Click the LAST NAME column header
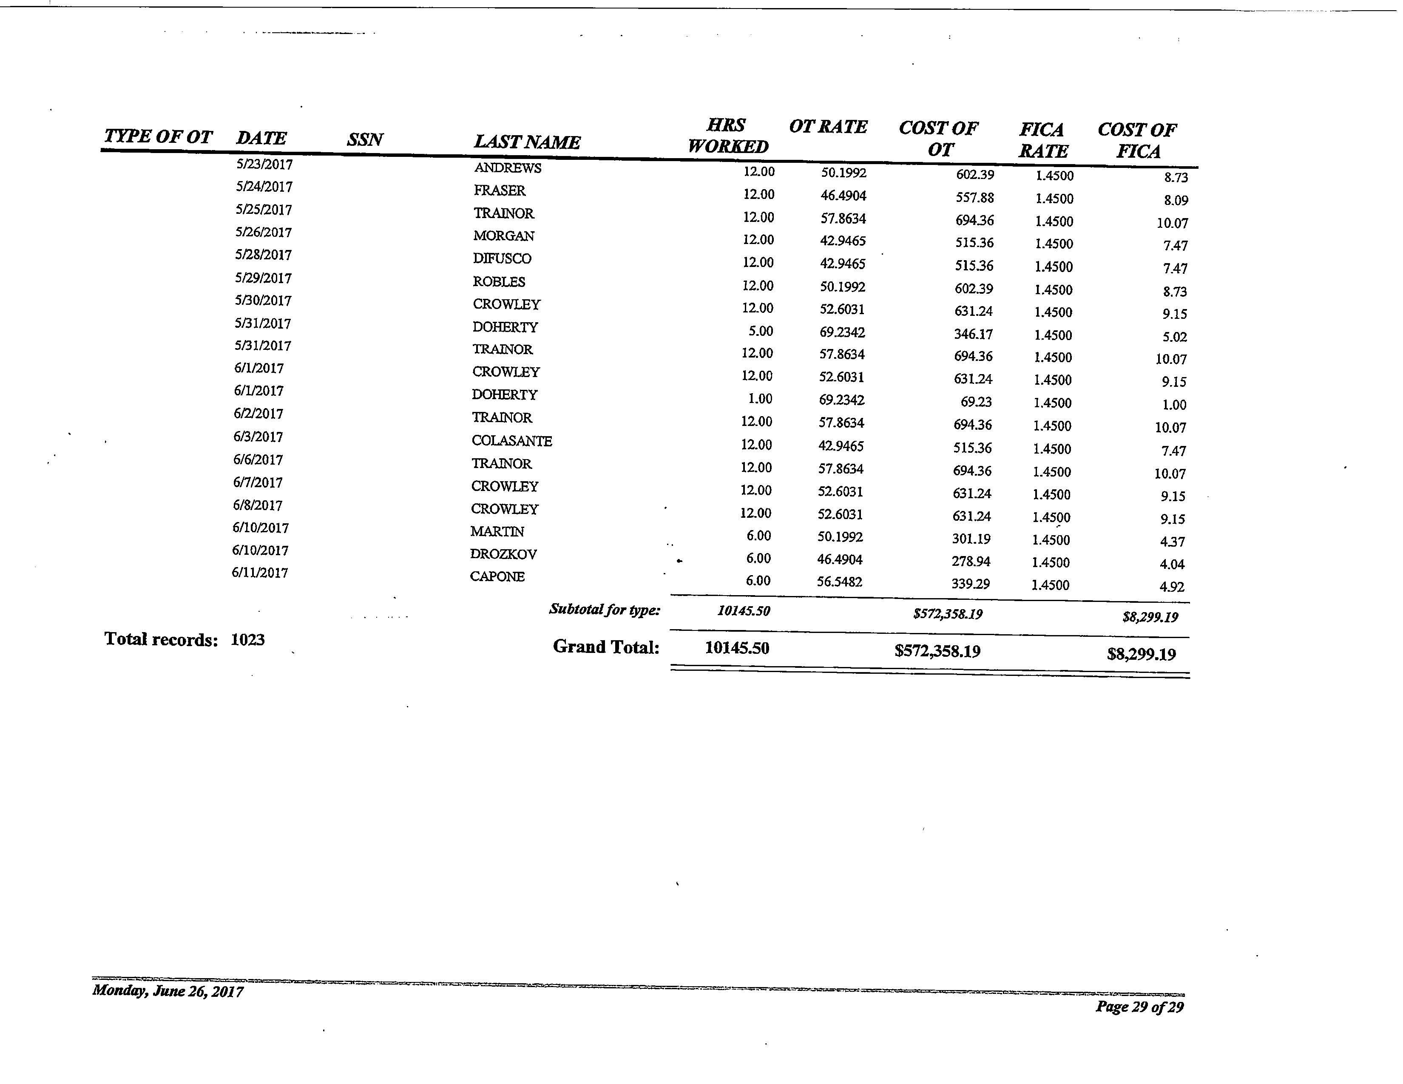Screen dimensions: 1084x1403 (527, 142)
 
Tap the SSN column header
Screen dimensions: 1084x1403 (365, 139)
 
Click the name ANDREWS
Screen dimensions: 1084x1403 (508, 168)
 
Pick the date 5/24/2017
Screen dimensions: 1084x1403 (264, 187)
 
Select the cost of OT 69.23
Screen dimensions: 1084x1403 (976, 402)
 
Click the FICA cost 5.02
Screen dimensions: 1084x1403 (1174, 337)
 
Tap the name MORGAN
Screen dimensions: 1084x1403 (504, 236)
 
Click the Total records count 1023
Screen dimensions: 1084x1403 (247, 640)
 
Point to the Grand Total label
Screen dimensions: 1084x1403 (606, 647)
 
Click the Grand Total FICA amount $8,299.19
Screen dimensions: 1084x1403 (1141, 654)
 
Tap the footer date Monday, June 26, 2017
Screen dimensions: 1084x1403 (168, 991)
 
